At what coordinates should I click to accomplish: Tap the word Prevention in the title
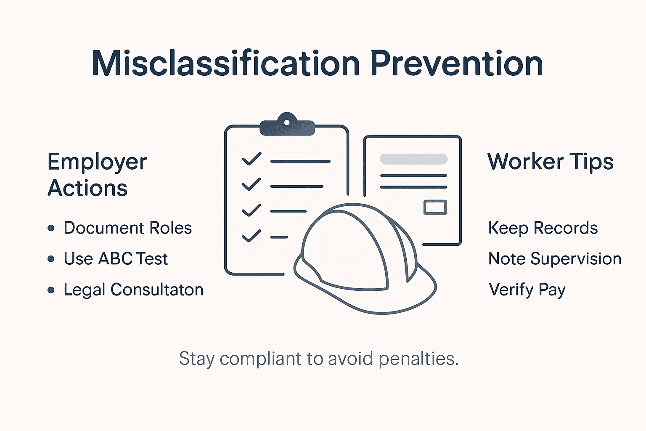tap(456, 64)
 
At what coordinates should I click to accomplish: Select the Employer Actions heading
tap(97, 175)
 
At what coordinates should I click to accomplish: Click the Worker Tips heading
tap(550, 162)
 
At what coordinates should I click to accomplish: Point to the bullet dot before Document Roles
tap(51, 228)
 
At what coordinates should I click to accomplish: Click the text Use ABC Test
tap(116, 259)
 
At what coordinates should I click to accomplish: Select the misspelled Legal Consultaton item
tap(133, 290)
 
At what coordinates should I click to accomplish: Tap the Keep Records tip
tap(543, 228)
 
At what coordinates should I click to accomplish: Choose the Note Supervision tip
tap(555, 259)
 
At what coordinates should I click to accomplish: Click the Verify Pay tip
tap(527, 290)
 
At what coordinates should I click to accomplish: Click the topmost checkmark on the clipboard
tap(252, 159)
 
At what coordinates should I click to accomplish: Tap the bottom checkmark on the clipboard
tap(252, 236)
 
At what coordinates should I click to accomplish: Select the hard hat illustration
tap(362, 261)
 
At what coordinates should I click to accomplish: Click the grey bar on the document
tap(413, 159)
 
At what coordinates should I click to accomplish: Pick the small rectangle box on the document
tap(435, 207)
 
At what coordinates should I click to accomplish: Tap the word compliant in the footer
tap(261, 359)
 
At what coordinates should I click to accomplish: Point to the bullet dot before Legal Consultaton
tap(51, 290)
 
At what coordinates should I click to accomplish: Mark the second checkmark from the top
tap(252, 184)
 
